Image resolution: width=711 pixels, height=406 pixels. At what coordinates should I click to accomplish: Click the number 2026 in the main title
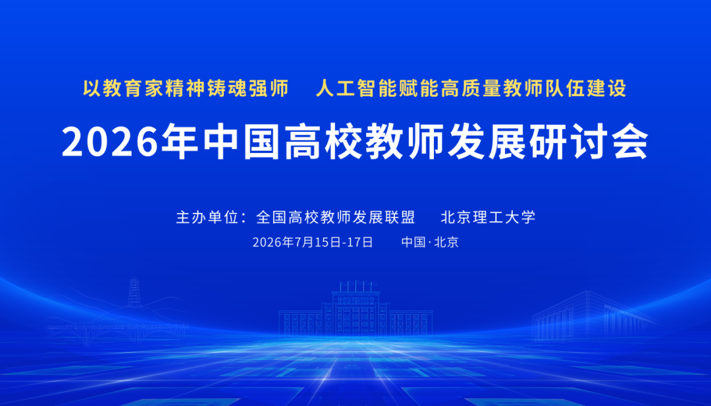111,142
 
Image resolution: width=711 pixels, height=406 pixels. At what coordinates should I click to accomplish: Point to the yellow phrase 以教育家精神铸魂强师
186,88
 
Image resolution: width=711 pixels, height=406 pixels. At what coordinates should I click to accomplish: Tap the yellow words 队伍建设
586,88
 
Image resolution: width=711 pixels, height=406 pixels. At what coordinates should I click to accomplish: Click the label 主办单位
207,217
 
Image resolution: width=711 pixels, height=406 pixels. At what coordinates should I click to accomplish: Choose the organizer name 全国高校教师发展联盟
336,217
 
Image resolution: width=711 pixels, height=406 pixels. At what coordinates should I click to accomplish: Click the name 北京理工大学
488,217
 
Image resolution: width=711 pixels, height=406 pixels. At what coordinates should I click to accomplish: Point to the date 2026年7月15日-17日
313,242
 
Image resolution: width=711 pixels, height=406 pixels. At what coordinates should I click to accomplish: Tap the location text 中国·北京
430,242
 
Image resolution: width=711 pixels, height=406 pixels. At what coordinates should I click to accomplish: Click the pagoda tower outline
134,292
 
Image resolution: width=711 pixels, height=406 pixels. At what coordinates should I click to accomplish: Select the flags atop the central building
357,285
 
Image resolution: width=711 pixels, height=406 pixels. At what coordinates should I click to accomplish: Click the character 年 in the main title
180,141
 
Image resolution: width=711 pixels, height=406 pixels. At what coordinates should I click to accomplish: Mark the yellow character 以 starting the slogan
92,88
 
